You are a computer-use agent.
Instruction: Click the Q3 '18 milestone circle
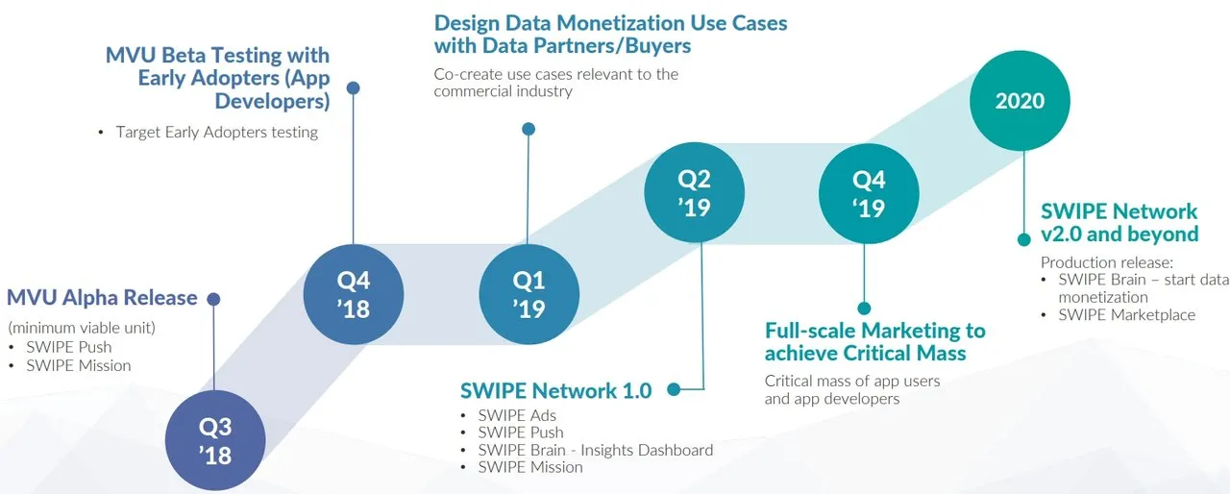click(x=215, y=440)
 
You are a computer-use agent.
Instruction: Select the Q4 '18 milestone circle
click(x=354, y=294)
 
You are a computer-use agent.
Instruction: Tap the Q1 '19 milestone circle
click(x=529, y=294)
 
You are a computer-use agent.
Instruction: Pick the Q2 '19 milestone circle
click(x=695, y=192)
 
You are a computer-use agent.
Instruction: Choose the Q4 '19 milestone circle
click(x=869, y=194)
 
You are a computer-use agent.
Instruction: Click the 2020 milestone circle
click(x=1020, y=101)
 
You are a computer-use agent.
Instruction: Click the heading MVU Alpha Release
click(x=102, y=298)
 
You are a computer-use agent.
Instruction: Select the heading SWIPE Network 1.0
click(x=555, y=391)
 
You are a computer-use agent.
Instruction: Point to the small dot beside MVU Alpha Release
click(x=213, y=299)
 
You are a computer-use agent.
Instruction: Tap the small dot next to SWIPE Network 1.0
click(x=674, y=389)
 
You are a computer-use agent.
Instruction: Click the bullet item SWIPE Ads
click(x=517, y=415)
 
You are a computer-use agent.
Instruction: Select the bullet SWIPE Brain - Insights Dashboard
click(x=596, y=450)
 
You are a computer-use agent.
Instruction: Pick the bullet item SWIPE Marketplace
click(x=1127, y=315)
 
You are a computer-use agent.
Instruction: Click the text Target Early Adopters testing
click(x=217, y=133)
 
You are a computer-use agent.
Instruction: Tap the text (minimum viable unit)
click(x=82, y=328)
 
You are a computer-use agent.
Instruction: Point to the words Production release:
click(x=1107, y=262)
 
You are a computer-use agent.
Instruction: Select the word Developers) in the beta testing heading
click(x=272, y=101)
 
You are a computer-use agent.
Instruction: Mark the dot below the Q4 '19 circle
click(x=864, y=309)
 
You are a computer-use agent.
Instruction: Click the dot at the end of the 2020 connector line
click(x=1024, y=240)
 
